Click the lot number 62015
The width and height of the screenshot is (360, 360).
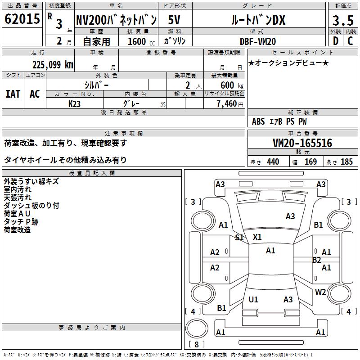click(22, 19)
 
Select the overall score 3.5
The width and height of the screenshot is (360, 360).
click(343, 20)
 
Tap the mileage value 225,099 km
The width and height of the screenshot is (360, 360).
click(53, 65)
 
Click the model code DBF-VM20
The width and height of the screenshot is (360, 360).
click(258, 41)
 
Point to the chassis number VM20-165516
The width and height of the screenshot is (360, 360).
click(302, 143)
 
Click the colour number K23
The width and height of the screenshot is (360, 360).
click(74, 104)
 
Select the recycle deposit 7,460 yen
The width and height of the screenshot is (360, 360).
click(230, 104)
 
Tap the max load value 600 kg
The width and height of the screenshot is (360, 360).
click(232, 85)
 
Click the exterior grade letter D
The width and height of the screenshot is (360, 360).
click(336, 41)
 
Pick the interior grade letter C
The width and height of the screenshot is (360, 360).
click(350, 41)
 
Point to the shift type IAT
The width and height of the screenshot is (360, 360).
click(13, 94)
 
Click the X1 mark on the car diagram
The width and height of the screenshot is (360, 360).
click(257, 237)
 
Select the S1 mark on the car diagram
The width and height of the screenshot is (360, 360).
click(239, 238)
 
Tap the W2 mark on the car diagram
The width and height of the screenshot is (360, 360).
click(320, 292)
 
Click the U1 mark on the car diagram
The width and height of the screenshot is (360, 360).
click(253, 299)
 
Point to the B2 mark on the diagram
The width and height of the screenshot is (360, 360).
click(317, 260)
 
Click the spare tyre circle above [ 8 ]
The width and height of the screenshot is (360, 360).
click(197, 328)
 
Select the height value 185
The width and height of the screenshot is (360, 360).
click(346, 162)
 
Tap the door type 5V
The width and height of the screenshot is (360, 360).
click(174, 20)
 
